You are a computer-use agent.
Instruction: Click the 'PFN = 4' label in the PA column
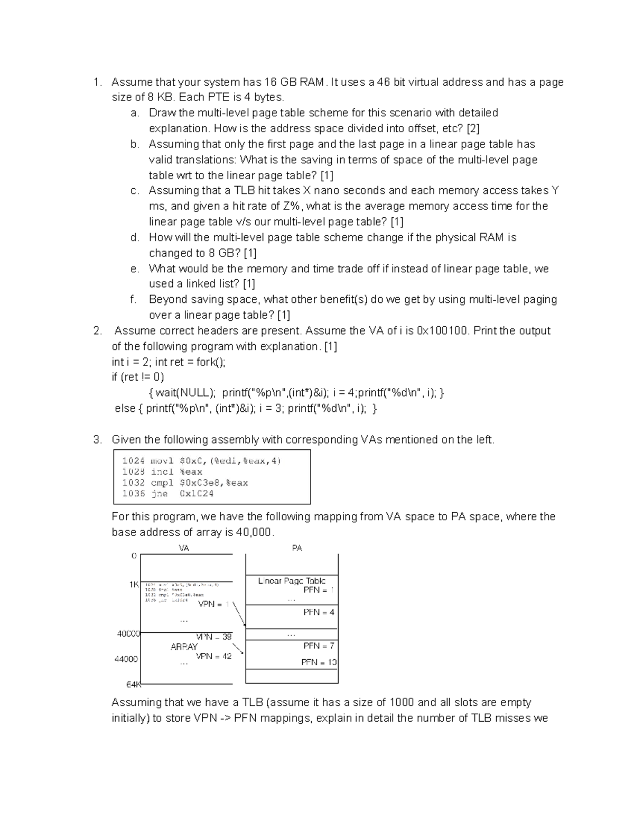(319, 612)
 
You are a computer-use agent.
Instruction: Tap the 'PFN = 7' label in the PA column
(319, 645)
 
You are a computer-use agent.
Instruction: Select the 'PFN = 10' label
(319, 662)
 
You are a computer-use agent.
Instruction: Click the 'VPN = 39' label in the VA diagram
(214, 636)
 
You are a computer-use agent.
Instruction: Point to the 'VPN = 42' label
(213, 656)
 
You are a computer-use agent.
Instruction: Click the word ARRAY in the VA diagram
(184, 647)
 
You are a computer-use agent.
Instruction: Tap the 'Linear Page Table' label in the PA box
(292, 580)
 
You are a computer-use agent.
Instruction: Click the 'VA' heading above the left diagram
(184, 548)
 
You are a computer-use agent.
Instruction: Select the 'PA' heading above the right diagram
(297, 548)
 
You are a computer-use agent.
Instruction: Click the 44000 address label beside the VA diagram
(126, 659)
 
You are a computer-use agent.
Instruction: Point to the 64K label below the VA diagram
(133, 685)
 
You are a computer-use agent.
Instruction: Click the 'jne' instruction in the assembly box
(159, 493)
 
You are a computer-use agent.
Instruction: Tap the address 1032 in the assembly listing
(133, 483)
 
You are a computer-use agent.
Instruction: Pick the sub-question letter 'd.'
(135, 237)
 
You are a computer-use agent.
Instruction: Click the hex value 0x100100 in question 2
(442, 331)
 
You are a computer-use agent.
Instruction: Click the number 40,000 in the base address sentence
(253, 532)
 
